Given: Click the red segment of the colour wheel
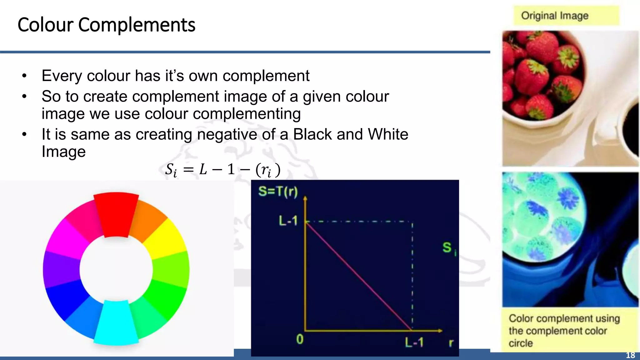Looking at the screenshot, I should click(116, 214).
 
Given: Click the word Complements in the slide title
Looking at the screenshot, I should click(137, 25).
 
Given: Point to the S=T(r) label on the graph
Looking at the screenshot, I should click(278, 191).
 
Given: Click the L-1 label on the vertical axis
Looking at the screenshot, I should click(288, 221).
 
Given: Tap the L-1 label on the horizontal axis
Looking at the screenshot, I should click(414, 342).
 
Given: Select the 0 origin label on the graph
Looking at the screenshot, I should click(300, 339).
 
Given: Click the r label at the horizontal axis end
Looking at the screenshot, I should click(451, 343).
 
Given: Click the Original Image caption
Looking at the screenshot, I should click(555, 16).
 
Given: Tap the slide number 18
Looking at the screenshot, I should click(630, 355).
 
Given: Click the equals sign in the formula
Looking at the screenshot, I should click(188, 170).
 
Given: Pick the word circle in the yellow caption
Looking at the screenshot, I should click(521, 343).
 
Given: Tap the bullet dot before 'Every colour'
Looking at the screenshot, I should click(24, 76).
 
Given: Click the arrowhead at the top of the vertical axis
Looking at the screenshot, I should click(305, 198).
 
